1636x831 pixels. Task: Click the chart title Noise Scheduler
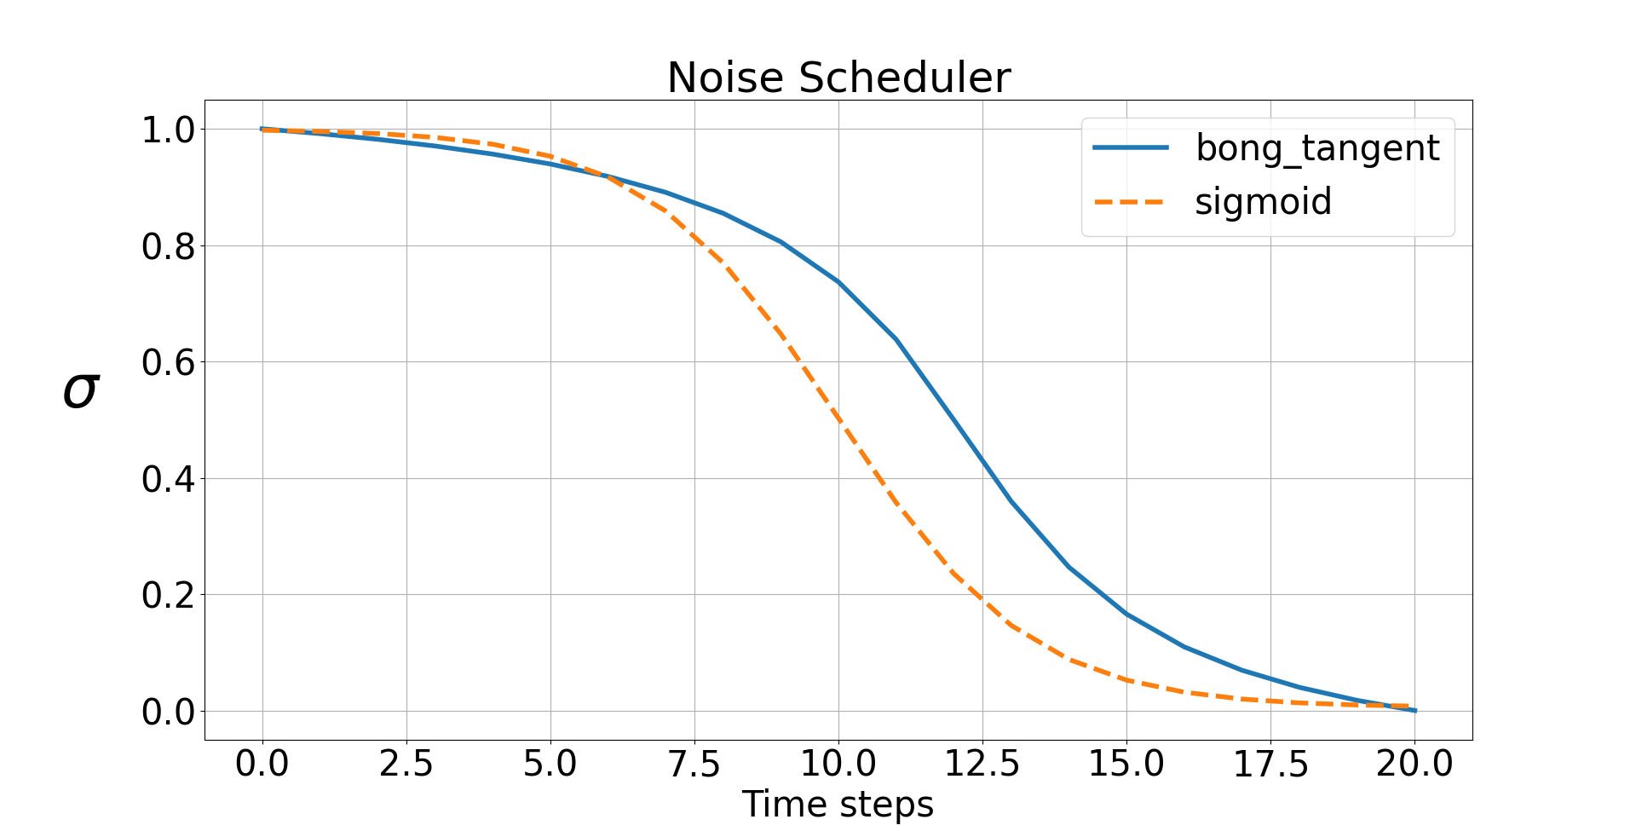tap(838, 78)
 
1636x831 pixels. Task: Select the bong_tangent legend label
tap(1317, 148)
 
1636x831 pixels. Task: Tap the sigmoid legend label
tap(1263, 202)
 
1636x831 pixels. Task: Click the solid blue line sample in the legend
tap(1131, 148)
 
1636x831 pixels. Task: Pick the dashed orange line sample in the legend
tap(1131, 203)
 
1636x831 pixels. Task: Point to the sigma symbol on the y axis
tap(81, 391)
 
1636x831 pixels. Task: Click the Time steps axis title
tap(838, 805)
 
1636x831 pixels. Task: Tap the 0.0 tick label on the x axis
tap(262, 763)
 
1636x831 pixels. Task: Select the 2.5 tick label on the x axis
tap(406, 763)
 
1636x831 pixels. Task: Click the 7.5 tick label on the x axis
tap(694, 763)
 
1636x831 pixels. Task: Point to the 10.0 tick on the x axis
tap(838, 763)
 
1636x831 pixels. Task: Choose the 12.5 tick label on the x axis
tap(982, 763)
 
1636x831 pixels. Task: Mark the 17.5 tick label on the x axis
tap(1270, 763)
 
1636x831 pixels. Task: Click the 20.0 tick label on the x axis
tap(1414, 763)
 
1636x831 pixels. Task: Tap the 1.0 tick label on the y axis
tap(168, 130)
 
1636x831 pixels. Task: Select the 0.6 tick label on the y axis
tap(168, 363)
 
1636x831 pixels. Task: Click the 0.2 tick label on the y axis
tap(168, 595)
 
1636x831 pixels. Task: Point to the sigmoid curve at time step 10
tap(838, 419)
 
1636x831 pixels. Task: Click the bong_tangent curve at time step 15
tap(1126, 614)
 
